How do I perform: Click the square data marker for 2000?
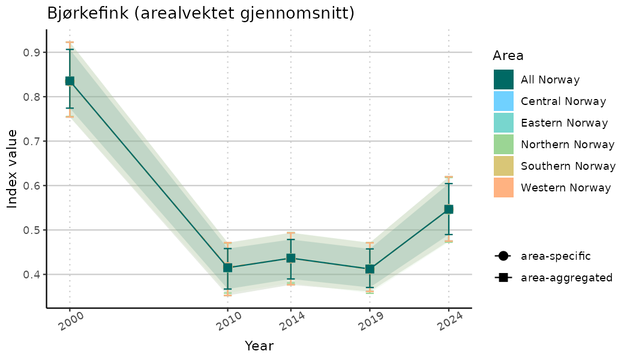coord(70,81)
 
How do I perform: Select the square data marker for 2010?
coord(227,268)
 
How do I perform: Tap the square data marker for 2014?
coord(290,259)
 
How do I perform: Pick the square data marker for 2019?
coord(370,269)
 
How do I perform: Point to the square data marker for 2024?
coord(448,209)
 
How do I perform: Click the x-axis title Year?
coord(259,346)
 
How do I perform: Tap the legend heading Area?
coord(508,56)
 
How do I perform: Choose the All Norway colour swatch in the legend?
coord(504,80)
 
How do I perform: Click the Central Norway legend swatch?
coord(504,101)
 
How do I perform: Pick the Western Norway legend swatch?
coord(504,188)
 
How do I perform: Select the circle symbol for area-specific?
coord(502,256)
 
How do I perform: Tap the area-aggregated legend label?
coord(566,278)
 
